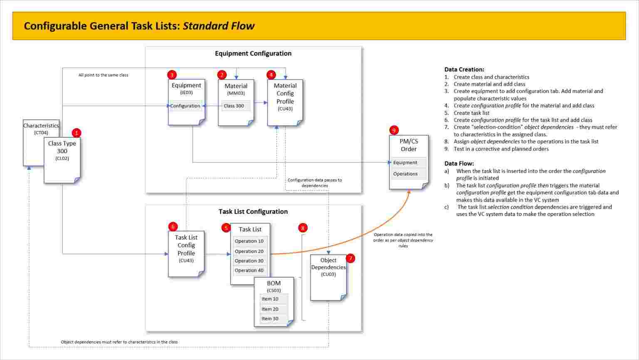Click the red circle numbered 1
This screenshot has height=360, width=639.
click(x=77, y=133)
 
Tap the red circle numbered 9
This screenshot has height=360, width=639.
click(x=394, y=130)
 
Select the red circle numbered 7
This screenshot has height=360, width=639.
click(x=350, y=258)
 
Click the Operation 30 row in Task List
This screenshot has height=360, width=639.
click(x=249, y=261)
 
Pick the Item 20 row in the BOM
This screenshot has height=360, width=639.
click(x=270, y=309)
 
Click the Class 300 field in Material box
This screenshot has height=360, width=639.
click(x=235, y=106)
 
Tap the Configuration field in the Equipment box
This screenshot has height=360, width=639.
click(x=186, y=106)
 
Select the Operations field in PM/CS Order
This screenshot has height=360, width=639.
click(x=408, y=174)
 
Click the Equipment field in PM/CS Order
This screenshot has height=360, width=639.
click(x=408, y=163)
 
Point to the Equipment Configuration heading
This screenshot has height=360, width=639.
click(x=253, y=54)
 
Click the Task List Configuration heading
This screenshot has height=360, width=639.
click(x=253, y=212)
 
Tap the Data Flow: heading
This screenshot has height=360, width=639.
click(x=459, y=164)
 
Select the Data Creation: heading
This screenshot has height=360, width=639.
click(x=464, y=70)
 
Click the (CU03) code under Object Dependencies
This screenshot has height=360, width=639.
click(x=328, y=274)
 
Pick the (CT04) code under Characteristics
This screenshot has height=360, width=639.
click(x=41, y=133)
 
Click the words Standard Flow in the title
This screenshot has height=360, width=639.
click(x=218, y=26)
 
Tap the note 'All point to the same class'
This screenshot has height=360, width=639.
click(x=103, y=75)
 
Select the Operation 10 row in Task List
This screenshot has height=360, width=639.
click(x=249, y=241)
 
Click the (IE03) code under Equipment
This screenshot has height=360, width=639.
click(x=186, y=93)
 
